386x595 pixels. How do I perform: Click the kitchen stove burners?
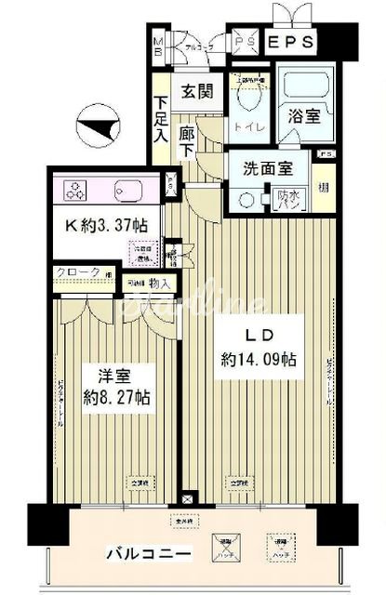(74, 192)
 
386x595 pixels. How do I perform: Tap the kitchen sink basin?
(126, 192)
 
